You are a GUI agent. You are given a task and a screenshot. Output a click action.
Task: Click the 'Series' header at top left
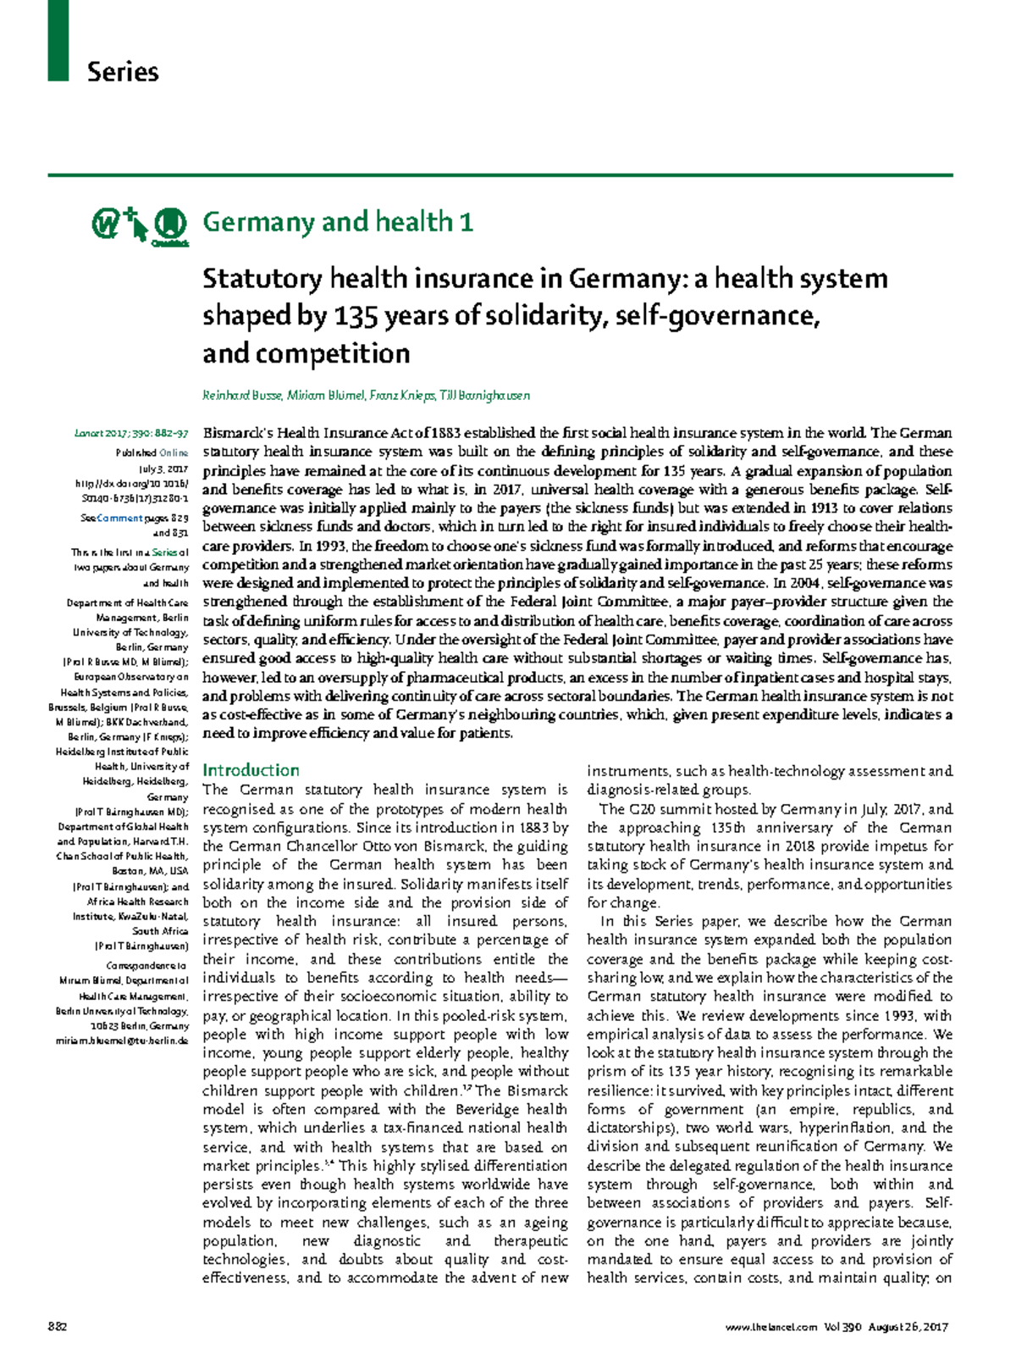tap(123, 72)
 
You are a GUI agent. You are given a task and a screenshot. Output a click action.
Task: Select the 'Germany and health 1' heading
tap(337, 222)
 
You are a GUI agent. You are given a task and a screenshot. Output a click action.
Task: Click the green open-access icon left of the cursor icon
tap(105, 225)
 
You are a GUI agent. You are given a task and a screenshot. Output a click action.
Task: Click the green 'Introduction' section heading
tap(251, 770)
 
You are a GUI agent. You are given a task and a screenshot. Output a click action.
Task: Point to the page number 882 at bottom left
tap(57, 1327)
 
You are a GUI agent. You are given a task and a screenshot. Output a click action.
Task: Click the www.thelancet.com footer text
tap(771, 1327)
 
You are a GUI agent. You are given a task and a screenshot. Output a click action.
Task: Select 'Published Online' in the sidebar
tap(152, 453)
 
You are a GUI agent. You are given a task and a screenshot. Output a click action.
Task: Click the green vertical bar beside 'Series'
tap(58, 40)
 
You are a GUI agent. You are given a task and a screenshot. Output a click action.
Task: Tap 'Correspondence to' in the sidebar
tap(146, 966)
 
